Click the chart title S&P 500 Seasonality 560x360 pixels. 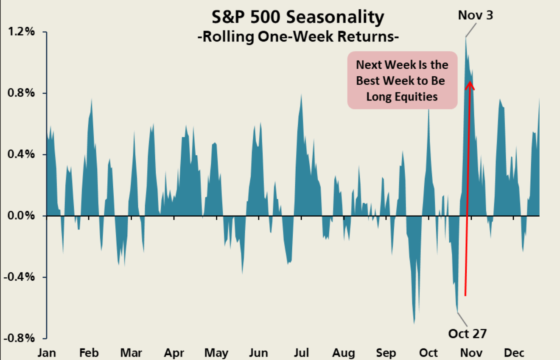(x=298, y=17)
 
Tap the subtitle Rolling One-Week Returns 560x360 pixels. (x=298, y=36)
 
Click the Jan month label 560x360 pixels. (x=47, y=353)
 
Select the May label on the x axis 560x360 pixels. (x=216, y=353)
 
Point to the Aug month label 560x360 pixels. (x=344, y=353)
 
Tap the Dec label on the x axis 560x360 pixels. (x=514, y=353)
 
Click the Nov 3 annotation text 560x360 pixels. (x=476, y=16)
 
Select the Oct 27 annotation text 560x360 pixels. (x=467, y=334)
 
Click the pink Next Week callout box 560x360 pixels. (x=402, y=81)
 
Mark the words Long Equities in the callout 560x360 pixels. (x=402, y=97)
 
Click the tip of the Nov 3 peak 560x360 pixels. (x=466, y=38)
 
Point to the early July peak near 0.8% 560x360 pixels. (x=301, y=95)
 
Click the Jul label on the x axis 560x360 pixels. (x=301, y=353)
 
